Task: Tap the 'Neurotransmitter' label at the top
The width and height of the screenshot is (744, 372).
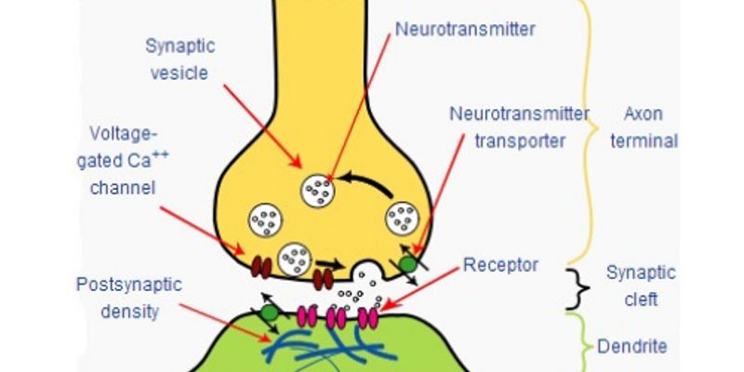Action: point(464,28)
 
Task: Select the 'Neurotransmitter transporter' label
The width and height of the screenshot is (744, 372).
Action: point(520,126)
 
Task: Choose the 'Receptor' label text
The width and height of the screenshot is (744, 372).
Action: point(501,265)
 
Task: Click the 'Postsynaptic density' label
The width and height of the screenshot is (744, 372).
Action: point(127,296)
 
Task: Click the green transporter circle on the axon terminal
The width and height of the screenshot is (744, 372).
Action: point(407,265)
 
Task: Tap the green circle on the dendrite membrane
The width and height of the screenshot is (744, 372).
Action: point(269,313)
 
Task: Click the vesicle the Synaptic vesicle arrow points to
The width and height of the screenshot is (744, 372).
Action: point(316,191)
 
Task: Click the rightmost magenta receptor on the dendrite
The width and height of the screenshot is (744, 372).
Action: point(369,317)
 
